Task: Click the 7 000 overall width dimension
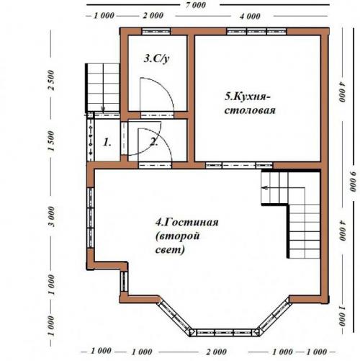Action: click(x=196, y=5)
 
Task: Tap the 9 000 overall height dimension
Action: click(x=353, y=182)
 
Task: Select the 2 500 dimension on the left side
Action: click(x=51, y=80)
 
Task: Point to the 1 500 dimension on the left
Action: click(x=51, y=141)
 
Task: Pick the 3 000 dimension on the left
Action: click(x=51, y=216)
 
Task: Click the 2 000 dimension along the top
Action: click(x=153, y=16)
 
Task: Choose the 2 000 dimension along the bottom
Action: click(x=216, y=352)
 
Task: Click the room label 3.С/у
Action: click(x=156, y=59)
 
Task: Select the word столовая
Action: click(x=250, y=110)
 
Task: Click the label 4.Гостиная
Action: click(x=187, y=222)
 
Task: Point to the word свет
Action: click(x=170, y=250)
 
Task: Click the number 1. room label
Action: click(x=107, y=143)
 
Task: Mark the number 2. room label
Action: click(x=153, y=143)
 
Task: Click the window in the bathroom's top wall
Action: click(x=156, y=32)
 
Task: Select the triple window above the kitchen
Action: click(x=256, y=32)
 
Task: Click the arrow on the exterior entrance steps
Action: click(x=103, y=110)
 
